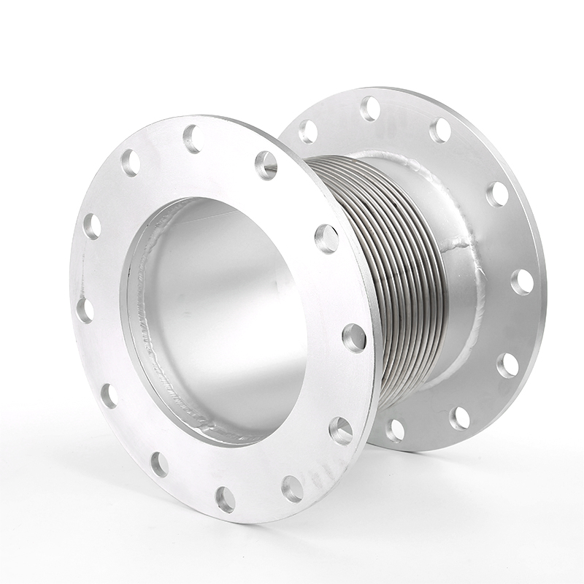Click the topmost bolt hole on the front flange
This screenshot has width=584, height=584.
[192, 137]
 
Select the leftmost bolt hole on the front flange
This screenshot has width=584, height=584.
[85, 310]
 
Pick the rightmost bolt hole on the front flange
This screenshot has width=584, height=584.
[354, 337]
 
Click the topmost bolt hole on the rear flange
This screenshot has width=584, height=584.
[370, 109]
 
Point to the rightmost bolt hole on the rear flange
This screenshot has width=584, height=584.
[522, 282]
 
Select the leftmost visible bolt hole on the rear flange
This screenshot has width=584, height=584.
[308, 131]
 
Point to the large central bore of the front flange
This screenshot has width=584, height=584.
[219, 314]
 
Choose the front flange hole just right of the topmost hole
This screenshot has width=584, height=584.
[266, 165]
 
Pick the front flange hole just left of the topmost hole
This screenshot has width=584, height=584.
[131, 162]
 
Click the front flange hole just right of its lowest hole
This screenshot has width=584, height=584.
[293, 487]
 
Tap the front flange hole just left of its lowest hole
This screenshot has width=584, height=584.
[159, 464]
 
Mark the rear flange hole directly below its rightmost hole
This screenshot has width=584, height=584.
[507, 364]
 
